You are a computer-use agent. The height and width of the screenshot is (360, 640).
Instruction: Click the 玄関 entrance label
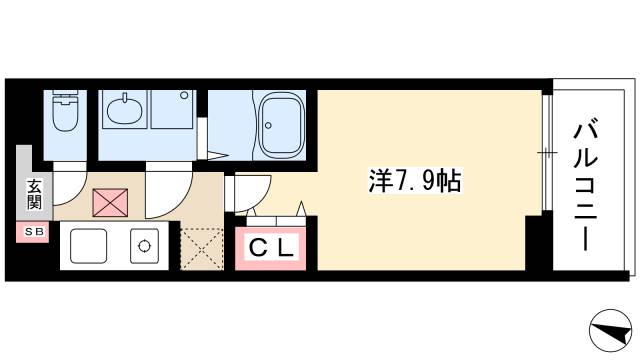click(33, 195)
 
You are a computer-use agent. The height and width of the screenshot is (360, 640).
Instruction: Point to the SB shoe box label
click(33, 233)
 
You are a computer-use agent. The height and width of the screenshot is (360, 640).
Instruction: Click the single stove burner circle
click(146, 245)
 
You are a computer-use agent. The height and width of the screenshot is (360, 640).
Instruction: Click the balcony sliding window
click(546, 152)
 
